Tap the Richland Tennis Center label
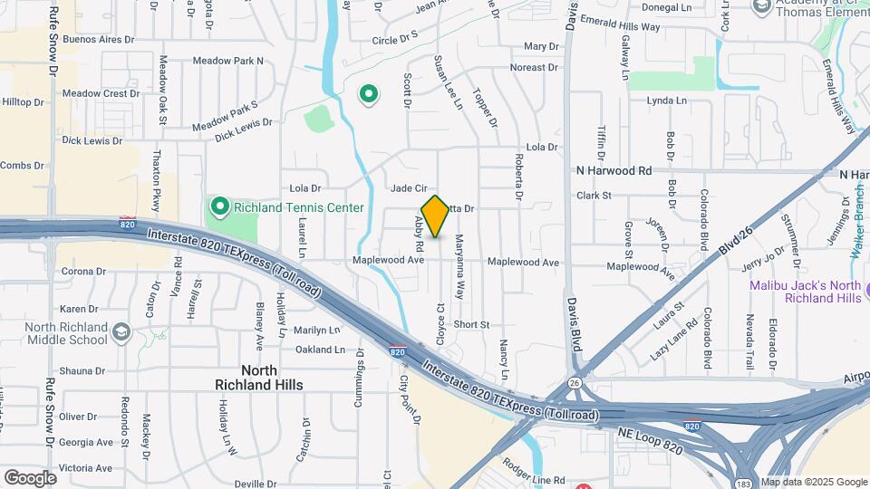tap(298, 207)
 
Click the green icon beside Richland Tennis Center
tap(218, 207)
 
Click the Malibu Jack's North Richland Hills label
tap(805, 292)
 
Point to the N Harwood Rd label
tap(614, 170)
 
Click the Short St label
tap(471, 324)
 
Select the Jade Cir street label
tap(409, 188)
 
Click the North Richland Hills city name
tap(259, 378)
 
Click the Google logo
tap(30, 477)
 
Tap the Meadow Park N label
tap(227, 62)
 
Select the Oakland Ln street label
tap(320, 350)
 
